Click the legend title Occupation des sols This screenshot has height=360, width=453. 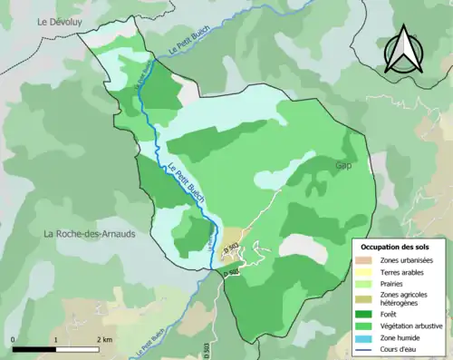click(x=396, y=247)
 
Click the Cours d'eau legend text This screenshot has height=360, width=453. click(x=400, y=348)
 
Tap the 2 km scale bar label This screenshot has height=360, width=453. click(x=105, y=339)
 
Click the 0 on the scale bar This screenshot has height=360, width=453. click(x=14, y=339)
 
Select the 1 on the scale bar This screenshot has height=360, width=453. click(x=56, y=339)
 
